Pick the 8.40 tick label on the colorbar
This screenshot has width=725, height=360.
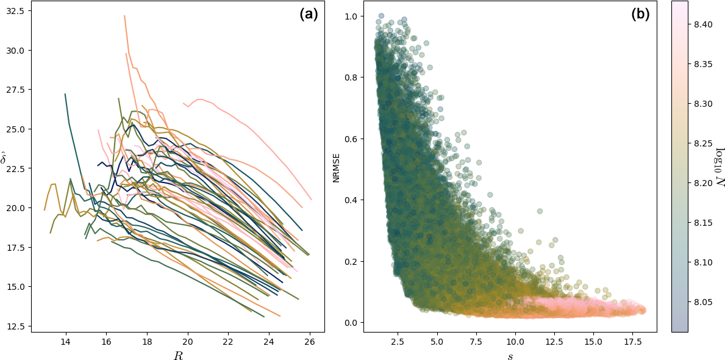(x=702, y=24)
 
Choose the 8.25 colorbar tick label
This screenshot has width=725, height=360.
(x=702, y=143)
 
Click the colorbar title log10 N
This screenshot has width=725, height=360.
(x=720, y=166)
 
